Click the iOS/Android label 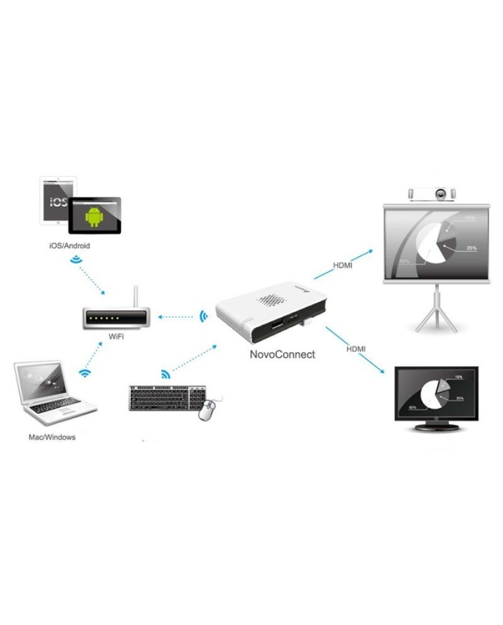tap(70, 245)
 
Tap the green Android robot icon tap(94, 215)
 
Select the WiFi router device tap(116, 316)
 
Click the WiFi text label tap(116, 336)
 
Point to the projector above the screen tap(431, 194)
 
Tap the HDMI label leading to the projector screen tap(343, 265)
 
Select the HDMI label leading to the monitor tap(356, 349)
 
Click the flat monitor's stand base tap(437, 429)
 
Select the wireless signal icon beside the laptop tap(85, 373)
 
